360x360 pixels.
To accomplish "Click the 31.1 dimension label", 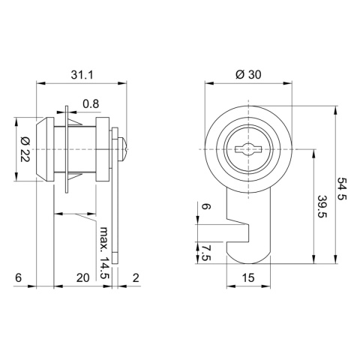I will (82, 74).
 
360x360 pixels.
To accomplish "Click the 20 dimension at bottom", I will (82, 277).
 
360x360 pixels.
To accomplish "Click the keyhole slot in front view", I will (246, 148).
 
